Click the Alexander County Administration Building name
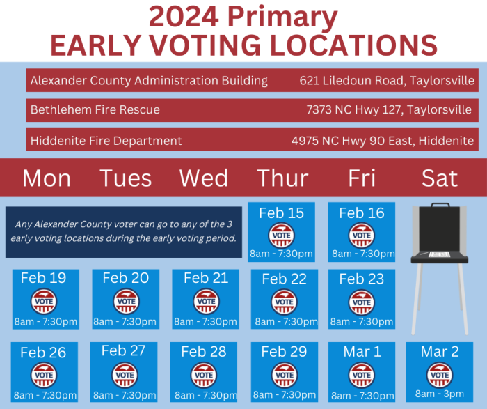coord(149,80)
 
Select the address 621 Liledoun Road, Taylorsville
coord(388,80)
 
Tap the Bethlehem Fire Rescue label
coord(95,109)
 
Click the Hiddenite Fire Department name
coord(106,141)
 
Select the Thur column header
coord(282,178)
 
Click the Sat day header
coord(440,178)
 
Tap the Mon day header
coord(47,178)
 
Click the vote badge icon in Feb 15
coord(282,235)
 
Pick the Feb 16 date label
coord(361,213)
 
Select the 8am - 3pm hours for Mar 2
coord(440,394)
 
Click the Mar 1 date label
coord(362,352)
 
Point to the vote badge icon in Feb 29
coord(283,374)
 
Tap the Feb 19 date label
coord(44,278)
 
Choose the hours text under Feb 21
coord(206,321)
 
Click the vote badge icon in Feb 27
coord(125,374)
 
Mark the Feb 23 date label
coord(361,279)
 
